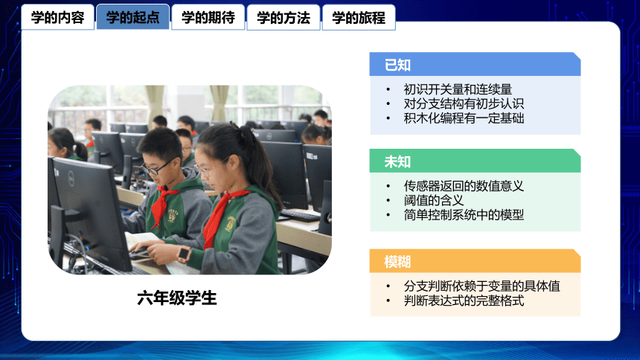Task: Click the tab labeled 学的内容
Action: (57, 17)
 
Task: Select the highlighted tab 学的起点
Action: (132, 17)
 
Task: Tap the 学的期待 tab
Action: (208, 17)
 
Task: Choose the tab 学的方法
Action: (284, 17)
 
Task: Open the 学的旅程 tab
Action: (359, 17)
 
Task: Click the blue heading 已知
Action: (397, 65)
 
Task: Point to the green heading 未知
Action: (397, 161)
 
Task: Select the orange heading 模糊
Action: (397, 262)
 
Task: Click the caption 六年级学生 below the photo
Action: (176, 298)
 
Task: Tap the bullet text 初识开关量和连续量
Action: (458, 89)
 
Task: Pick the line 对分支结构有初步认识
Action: (464, 103)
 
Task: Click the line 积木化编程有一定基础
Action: (464, 118)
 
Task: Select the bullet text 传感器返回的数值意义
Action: (464, 186)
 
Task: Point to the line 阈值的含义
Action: (434, 200)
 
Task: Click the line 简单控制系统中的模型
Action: (464, 215)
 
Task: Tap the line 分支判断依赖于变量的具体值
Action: (481, 286)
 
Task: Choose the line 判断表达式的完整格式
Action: (464, 300)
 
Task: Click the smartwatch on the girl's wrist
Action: (184, 254)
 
